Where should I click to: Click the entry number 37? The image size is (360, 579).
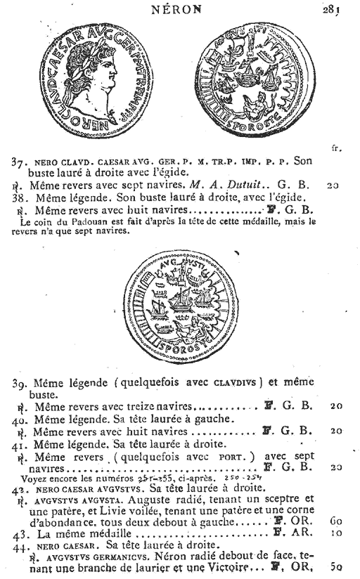(x=20, y=162)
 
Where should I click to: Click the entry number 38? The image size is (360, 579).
(x=19, y=199)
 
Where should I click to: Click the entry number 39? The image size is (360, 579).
(x=20, y=383)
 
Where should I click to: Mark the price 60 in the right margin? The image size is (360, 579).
(x=332, y=522)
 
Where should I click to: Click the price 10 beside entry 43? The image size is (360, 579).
(x=332, y=535)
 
